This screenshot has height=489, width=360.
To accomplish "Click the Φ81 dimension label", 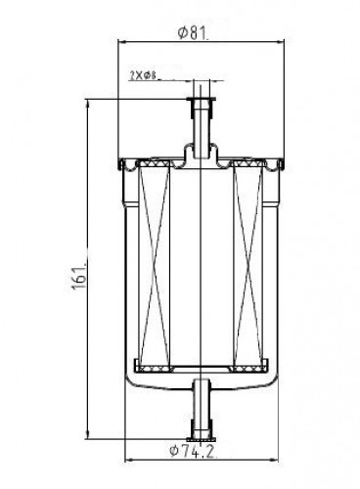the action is click(x=193, y=32).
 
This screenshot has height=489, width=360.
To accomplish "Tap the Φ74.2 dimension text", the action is click(x=192, y=451).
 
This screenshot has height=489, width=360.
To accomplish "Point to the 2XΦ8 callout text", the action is click(x=143, y=76).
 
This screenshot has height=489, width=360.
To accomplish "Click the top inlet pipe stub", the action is click(x=202, y=127).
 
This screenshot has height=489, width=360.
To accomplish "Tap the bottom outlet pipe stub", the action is click(x=202, y=408).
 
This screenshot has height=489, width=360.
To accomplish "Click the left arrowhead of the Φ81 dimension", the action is click(x=122, y=41).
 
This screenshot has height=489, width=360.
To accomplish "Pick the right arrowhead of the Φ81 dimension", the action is click(x=280, y=41).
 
